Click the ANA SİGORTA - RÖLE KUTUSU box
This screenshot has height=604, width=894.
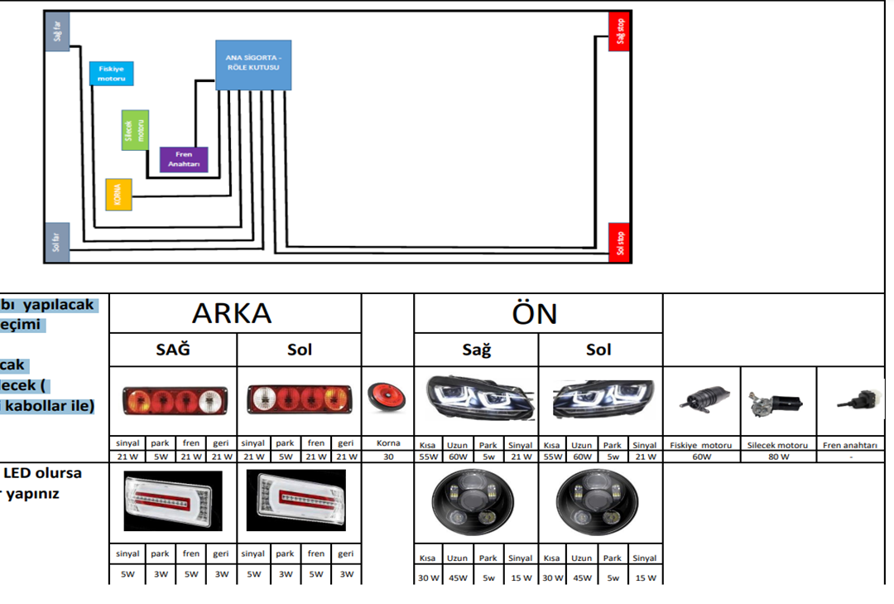click(x=253, y=65)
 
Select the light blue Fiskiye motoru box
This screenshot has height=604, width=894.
click(x=111, y=73)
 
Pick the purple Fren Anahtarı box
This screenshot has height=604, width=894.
click(x=183, y=159)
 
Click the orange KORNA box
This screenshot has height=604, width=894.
click(x=118, y=194)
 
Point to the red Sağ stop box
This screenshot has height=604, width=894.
click(x=620, y=33)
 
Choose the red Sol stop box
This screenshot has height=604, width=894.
click(x=620, y=242)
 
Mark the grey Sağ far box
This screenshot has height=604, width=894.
click(x=56, y=33)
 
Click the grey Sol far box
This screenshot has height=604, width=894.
click(x=56, y=242)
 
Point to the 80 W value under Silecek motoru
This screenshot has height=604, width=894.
click(x=778, y=457)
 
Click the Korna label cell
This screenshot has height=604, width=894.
click(x=387, y=444)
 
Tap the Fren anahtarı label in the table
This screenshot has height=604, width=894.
click(x=849, y=445)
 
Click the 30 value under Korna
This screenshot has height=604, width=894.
click(x=387, y=457)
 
